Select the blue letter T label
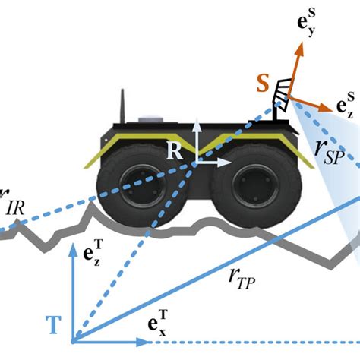54,326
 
